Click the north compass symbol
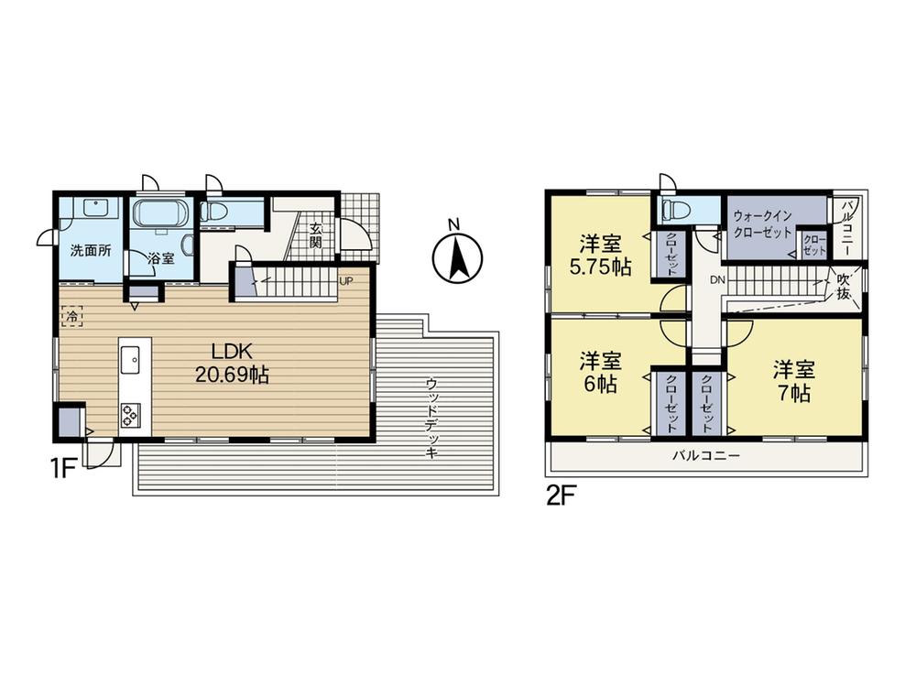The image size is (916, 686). click(457, 256)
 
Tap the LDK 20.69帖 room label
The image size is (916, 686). click(232, 364)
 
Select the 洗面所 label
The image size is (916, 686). click(91, 251)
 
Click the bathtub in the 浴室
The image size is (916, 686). click(160, 212)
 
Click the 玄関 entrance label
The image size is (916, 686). click(316, 234)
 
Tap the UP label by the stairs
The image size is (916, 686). click(346, 280)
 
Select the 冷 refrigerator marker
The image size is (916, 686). click(71, 317)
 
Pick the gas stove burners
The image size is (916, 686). click(129, 416)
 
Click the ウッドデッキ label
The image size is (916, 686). click(431, 418)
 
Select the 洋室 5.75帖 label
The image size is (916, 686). click(601, 255)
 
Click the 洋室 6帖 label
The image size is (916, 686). click(600, 372)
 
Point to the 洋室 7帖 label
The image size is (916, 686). click(794, 381)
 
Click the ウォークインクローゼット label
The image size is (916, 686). click(762, 223)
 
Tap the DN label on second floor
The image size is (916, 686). click(717, 280)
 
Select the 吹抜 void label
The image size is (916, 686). click(843, 287)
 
